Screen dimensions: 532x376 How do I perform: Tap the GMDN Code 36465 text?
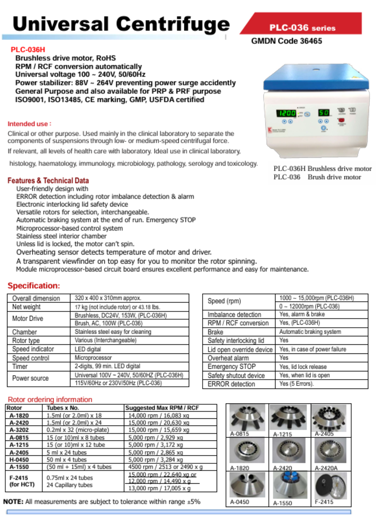point(286,41)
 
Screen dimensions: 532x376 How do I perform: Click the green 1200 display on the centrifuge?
point(286,113)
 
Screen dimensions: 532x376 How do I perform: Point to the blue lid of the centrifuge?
point(316,77)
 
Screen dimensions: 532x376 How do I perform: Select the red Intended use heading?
point(29,124)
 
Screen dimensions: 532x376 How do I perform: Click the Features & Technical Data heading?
point(48,181)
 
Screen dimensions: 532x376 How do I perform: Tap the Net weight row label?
point(26,307)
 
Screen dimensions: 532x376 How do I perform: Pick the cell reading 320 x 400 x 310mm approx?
point(108,298)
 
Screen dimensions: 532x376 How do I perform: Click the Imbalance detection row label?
point(234,314)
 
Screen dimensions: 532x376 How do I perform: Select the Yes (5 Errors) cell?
point(296,384)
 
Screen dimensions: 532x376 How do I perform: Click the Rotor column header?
point(14,408)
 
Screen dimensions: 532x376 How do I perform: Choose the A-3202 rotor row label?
point(19,430)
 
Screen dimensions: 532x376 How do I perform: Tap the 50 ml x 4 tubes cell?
point(67,460)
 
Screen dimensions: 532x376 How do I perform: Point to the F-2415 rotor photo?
point(331,485)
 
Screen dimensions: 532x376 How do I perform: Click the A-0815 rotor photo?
point(247,417)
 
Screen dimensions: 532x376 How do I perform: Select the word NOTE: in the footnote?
point(13,502)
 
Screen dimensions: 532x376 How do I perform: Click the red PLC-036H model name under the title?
point(28,49)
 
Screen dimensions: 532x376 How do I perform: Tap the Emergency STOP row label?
point(232,367)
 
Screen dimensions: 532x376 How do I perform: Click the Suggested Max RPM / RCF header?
point(162,408)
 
